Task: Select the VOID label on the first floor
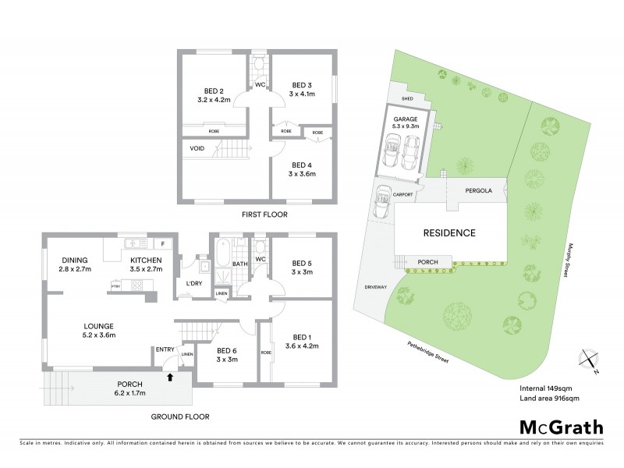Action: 197,148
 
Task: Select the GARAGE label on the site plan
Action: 405,119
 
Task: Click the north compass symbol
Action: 586,360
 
